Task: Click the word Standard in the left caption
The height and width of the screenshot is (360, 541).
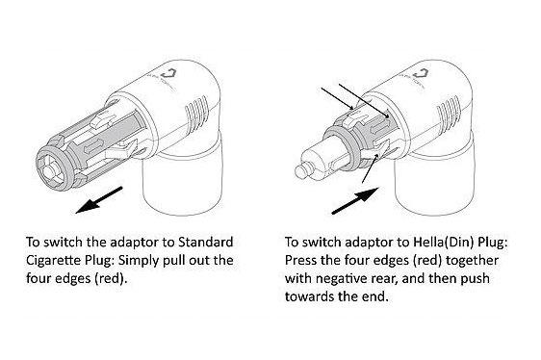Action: (x=205, y=242)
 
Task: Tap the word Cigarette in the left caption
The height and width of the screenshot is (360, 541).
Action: (x=53, y=260)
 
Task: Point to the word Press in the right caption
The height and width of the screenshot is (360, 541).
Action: (x=300, y=260)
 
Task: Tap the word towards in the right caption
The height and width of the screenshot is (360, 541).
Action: (x=308, y=296)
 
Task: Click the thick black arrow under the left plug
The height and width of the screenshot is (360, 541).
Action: (x=99, y=200)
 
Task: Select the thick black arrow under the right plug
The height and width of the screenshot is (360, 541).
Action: (x=355, y=200)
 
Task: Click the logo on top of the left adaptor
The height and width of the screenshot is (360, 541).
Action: (x=169, y=74)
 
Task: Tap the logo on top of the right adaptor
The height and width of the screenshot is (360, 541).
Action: (x=422, y=74)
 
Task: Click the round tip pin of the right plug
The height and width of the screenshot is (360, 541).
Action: (x=301, y=171)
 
